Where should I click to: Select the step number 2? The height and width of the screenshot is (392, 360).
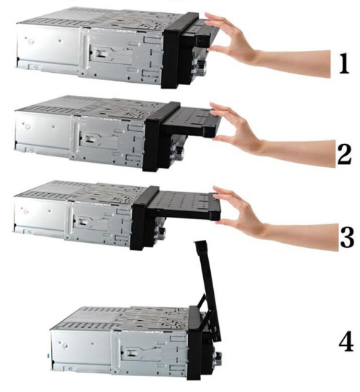coord(344,155)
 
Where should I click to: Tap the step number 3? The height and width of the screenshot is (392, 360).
coord(347,237)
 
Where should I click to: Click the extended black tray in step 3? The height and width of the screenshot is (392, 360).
coord(182,205)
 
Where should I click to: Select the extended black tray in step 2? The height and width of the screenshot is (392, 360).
coord(190,121)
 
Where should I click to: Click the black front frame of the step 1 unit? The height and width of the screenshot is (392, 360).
coord(172,50)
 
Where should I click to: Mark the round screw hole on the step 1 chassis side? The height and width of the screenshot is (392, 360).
coord(32,41)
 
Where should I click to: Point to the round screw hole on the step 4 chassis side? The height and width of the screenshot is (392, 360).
coord(65,346)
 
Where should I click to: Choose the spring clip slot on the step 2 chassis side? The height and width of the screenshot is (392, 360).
coord(89,139)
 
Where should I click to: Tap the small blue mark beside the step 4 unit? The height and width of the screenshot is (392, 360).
coord(48,355)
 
